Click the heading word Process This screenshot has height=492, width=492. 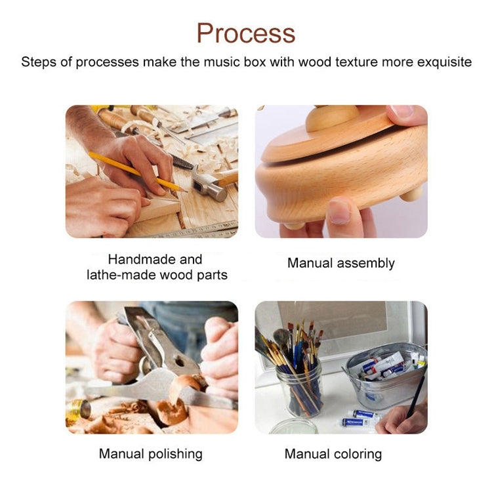246,33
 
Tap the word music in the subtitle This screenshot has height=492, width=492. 223,62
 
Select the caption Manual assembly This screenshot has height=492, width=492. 341,263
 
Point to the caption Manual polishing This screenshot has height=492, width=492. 151,454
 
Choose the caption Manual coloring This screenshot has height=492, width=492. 333,454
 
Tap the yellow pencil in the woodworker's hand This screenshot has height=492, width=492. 138,172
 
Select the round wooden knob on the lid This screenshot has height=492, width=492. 332,117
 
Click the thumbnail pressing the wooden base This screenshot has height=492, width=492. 339,212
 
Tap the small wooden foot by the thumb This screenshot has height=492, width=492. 412,194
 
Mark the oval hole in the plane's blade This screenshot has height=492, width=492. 180,361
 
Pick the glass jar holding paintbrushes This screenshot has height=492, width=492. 300,388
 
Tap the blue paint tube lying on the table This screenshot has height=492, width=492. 365,414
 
